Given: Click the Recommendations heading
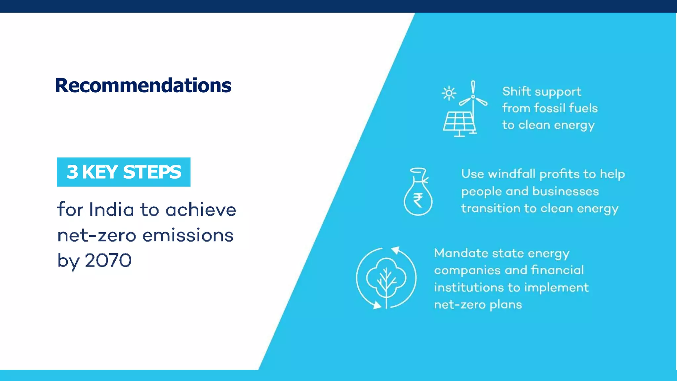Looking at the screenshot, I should pos(143,85).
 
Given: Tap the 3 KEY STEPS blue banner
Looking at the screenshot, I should pos(124,172).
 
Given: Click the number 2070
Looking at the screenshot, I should pos(108,260).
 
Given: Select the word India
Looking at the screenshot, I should pos(111,210).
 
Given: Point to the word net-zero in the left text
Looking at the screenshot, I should pos(97,236).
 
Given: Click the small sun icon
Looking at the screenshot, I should pos(449,93).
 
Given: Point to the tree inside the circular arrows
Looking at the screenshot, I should pos(386,279).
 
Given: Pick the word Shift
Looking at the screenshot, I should pos(516,91).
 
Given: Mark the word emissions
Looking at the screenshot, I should pos(188,236).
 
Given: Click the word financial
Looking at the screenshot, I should pos(557,270).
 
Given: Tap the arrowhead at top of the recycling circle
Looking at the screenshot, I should pos(396,250).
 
